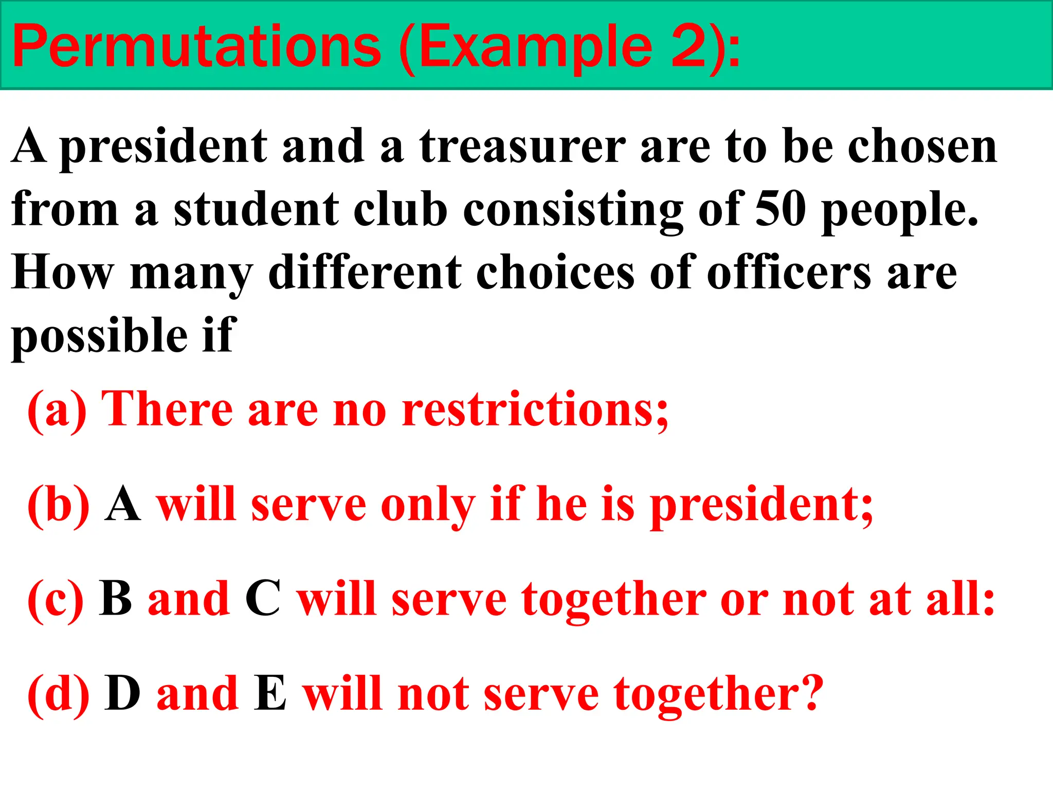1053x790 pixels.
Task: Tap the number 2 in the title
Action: click(689, 47)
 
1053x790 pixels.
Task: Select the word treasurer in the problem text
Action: click(522, 147)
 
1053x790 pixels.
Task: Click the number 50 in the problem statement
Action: click(780, 210)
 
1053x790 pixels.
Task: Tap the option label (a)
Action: click(57, 410)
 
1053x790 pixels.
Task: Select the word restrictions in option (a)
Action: click(535, 410)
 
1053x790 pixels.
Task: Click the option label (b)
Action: click(58, 505)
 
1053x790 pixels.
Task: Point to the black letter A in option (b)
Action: click(122, 505)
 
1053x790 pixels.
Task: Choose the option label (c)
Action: click(56, 600)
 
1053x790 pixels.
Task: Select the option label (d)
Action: click(58, 694)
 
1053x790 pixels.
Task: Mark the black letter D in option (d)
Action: click(122, 694)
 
